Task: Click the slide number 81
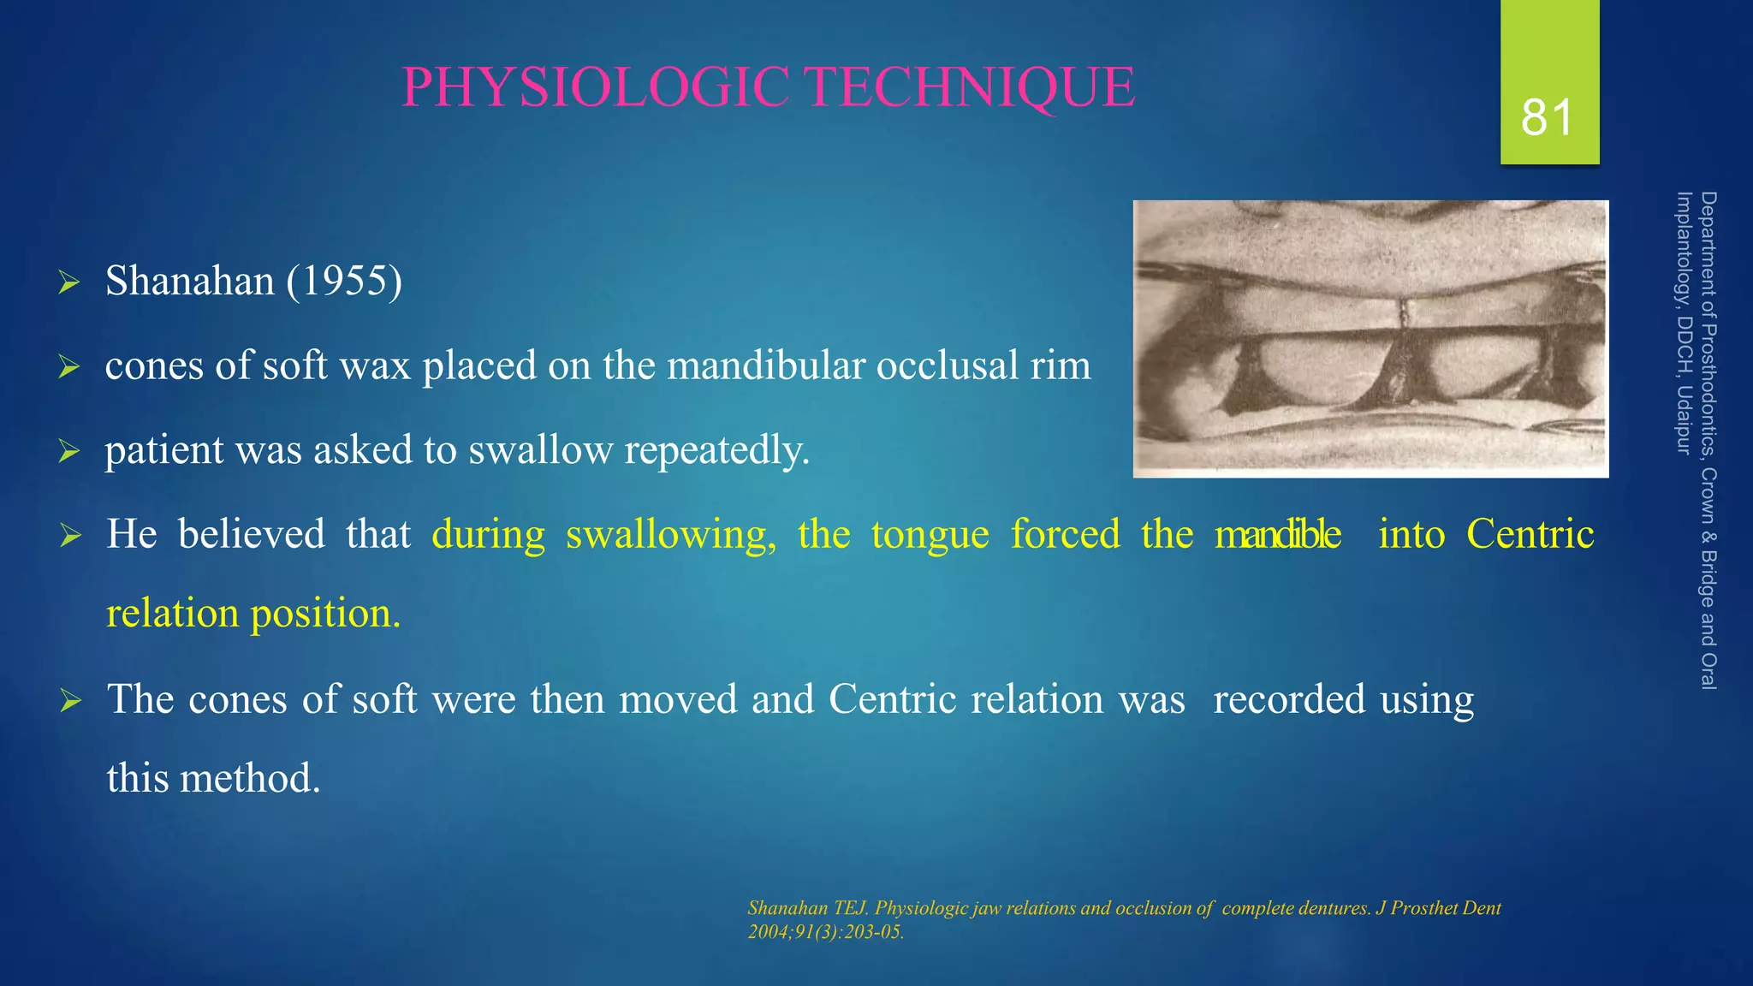[x=1547, y=117]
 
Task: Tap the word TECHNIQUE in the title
[x=971, y=87]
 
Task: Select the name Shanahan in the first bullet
[x=189, y=281]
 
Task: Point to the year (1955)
[x=344, y=281]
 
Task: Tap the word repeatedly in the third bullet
[x=716, y=450]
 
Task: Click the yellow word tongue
[x=930, y=534]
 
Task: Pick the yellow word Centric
[x=1530, y=534]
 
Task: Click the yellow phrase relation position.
[x=253, y=613]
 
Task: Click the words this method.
[x=213, y=778]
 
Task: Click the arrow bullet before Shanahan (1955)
[x=69, y=282]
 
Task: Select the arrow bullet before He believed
[x=69, y=536]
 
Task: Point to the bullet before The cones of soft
[x=69, y=701]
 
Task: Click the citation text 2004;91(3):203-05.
[x=825, y=932]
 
